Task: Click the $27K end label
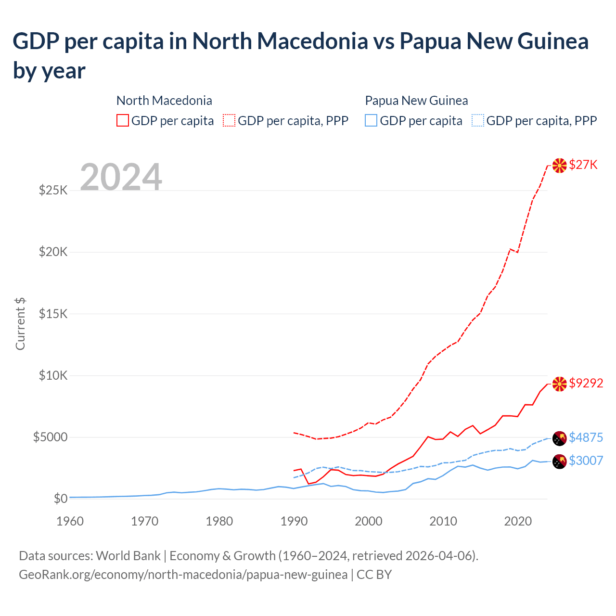tap(583, 165)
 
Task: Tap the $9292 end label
tap(586, 383)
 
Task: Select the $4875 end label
tap(586, 437)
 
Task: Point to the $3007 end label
tap(586, 461)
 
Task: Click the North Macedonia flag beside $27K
tap(559, 166)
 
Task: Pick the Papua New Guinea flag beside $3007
tap(559, 462)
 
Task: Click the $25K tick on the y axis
tap(53, 191)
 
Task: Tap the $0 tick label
tap(60, 499)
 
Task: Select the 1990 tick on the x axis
tap(294, 521)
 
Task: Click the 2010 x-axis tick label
tap(443, 521)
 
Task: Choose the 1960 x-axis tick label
tap(70, 521)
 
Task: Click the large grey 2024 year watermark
tap(121, 177)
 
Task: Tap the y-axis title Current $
tap(20, 323)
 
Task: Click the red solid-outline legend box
tap(123, 120)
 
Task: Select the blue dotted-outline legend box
tap(478, 120)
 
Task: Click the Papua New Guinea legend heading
tap(416, 101)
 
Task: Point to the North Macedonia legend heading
tap(164, 101)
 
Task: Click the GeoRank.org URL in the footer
tap(183, 575)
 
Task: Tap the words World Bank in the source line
tap(128, 556)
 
